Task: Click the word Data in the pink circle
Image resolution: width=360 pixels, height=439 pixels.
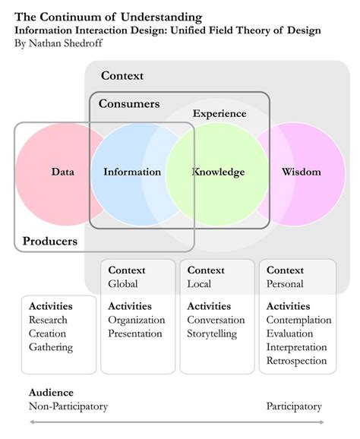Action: click(x=63, y=172)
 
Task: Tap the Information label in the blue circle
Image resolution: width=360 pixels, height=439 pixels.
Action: click(x=132, y=172)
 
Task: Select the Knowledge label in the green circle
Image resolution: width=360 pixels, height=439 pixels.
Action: click(x=218, y=172)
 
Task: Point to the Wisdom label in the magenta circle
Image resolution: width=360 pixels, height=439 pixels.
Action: click(x=301, y=172)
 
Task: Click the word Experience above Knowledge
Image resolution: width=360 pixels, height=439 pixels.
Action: click(x=219, y=114)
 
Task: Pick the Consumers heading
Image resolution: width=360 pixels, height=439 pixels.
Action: click(x=129, y=103)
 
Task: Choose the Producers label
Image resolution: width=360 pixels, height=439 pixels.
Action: click(x=50, y=242)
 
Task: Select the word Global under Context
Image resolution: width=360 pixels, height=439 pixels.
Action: click(x=123, y=284)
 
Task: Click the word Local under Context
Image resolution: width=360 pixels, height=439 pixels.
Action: click(x=199, y=284)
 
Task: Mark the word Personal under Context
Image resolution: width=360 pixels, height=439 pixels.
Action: click(x=285, y=284)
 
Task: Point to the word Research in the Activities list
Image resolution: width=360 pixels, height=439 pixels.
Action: click(x=48, y=320)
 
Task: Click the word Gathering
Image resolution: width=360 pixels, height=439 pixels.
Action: click(x=51, y=347)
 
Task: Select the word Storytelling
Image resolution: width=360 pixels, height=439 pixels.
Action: click(x=212, y=333)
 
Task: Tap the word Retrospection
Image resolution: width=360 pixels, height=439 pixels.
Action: click(x=296, y=361)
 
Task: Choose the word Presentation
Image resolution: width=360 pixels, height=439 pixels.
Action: click(x=135, y=333)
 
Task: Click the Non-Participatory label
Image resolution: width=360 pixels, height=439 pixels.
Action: click(x=68, y=406)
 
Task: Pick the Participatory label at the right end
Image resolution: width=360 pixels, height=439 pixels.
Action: click(x=294, y=406)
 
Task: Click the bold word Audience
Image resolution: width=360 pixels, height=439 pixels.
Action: click(x=51, y=393)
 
